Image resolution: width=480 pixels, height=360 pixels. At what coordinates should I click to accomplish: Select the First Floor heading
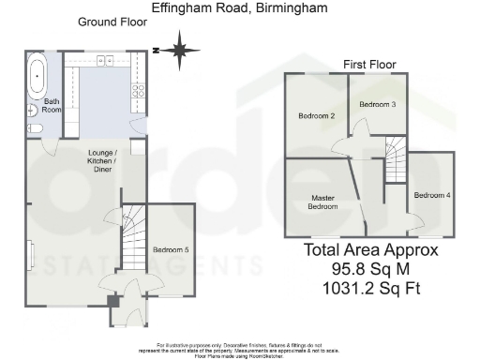[x=369, y=64]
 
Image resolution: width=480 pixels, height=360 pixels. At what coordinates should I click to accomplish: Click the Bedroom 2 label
[x=317, y=116]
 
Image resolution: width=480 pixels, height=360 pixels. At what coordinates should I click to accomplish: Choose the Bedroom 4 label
[x=432, y=195]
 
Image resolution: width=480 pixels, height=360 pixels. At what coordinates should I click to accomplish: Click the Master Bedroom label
[x=324, y=202]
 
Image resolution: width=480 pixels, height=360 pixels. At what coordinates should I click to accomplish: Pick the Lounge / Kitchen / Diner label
[x=102, y=164]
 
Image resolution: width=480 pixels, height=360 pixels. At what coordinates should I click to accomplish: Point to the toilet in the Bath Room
[x=34, y=127]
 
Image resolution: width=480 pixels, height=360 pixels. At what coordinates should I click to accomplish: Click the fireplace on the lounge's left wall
[x=31, y=254]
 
